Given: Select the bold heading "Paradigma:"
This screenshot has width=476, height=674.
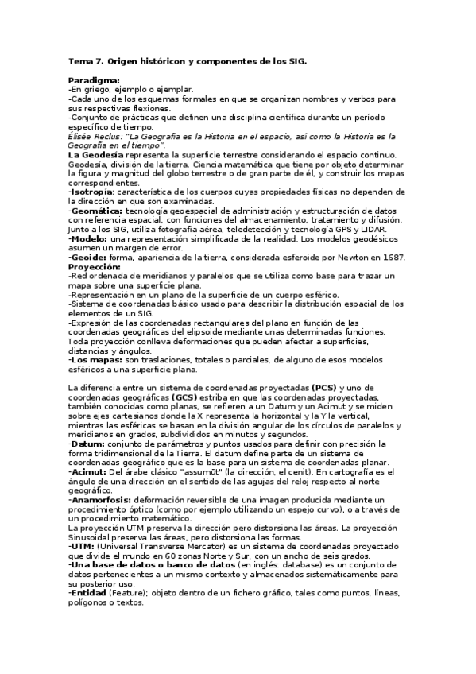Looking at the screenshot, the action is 94,80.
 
